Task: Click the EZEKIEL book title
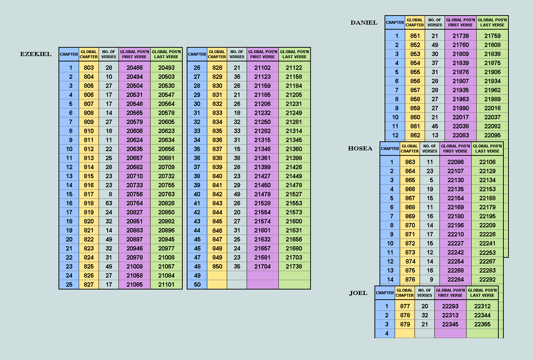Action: [x=36, y=54]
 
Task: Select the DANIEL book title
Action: [x=364, y=23]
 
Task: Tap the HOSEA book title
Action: [x=360, y=149]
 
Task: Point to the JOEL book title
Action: [x=358, y=293]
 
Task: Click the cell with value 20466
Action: [x=134, y=68]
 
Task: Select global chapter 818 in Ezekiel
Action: [x=89, y=203]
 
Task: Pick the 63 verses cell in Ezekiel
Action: [x=109, y=203]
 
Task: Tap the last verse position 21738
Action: [x=294, y=266]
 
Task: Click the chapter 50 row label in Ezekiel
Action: [x=197, y=284]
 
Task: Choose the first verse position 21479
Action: [x=263, y=194]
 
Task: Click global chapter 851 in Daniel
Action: [x=415, y=36]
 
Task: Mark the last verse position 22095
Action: [x=492, y=135]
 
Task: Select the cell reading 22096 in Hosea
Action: [x=455, y=162]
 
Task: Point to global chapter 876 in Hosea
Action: [x=410, y=279]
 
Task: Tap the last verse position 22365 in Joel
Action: [x=482, y=324]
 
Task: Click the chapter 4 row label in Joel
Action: [x=386, y=333]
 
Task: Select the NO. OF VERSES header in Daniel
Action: [x=435, y=22]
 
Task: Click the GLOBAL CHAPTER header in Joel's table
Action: [x=405, y=293]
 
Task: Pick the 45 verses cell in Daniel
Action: [x=435, y=126]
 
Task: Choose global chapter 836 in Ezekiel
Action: [x=217, y=140]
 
